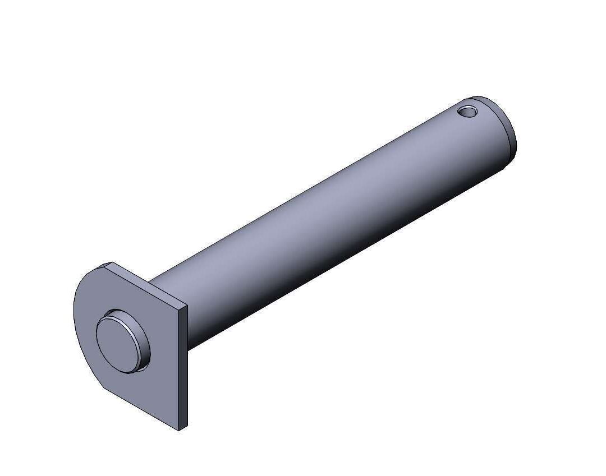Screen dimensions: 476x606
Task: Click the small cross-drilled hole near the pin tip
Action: click(x=467, y=111)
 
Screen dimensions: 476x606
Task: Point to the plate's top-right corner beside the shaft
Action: click(x=186, y=308)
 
